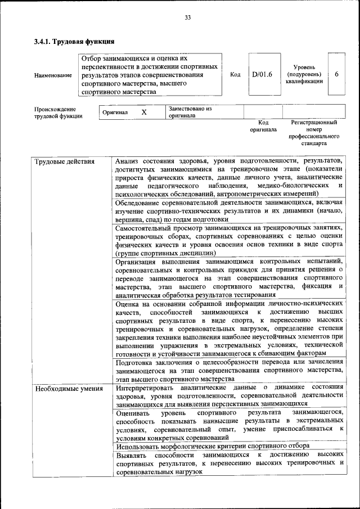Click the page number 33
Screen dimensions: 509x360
pyautogui.click(x=188, y=17)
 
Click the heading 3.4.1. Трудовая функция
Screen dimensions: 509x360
pyautogui.click(x=74, y=41)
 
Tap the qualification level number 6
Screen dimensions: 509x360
pyautogui.click(x=336, y=74)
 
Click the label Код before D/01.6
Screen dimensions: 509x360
pyautogui.click(x=236, y=74)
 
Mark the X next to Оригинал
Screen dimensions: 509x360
pyautogui.click(x=144, y=112)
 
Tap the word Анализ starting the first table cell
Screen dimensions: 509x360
pyautogui.click(x=128, y=161)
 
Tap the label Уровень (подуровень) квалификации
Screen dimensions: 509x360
pyautogui.click(x=304, y=74)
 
